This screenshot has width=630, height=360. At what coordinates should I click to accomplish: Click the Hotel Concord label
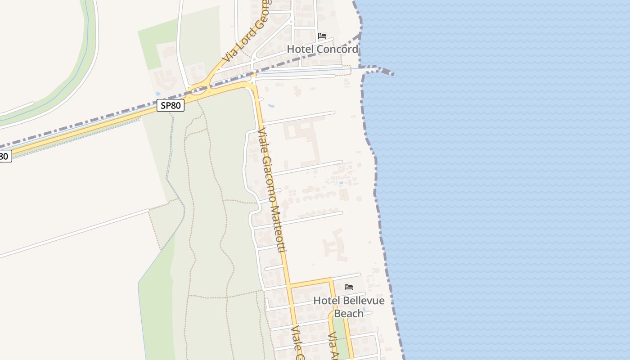click(323, 49)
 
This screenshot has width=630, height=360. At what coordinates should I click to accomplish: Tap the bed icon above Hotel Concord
click(322, 36)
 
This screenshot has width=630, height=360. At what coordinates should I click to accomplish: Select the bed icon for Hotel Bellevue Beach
click(349, 287)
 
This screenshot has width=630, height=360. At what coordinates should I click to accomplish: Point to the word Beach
click(349, 313)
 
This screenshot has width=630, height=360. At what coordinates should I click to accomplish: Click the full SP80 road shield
click(171, 105)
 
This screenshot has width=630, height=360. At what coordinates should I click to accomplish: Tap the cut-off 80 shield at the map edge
click(4, 157)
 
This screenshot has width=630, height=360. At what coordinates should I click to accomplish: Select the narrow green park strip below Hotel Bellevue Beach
click(342, 344)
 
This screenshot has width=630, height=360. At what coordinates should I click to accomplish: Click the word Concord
click(337, 49)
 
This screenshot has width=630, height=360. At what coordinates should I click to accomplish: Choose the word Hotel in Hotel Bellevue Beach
click(324, 301)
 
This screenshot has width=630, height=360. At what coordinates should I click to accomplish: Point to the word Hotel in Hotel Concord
click(300, 49)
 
